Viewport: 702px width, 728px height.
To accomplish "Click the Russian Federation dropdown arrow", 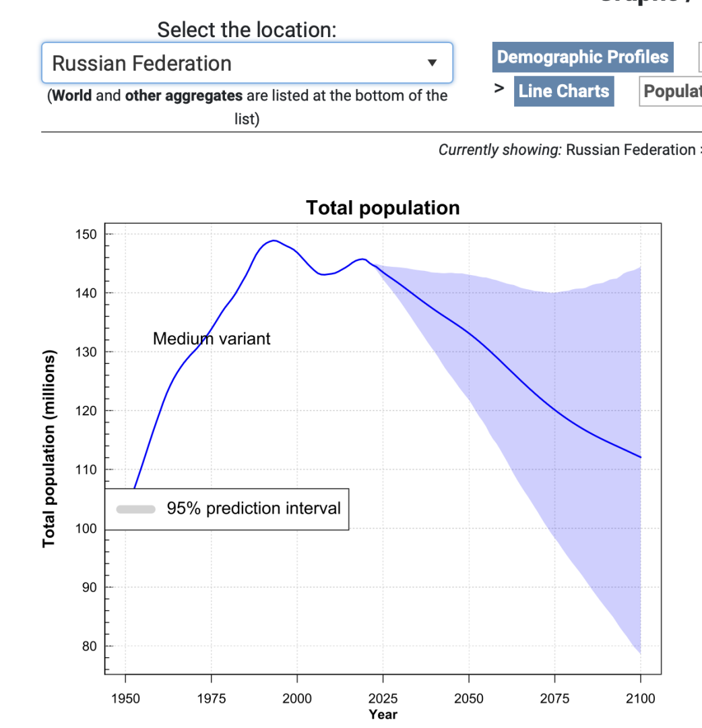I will pos(433,63).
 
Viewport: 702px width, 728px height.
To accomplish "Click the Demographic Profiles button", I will pos(583,57).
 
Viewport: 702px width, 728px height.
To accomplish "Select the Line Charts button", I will pos(564,91).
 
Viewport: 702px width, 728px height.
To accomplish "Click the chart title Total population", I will pos(383,208).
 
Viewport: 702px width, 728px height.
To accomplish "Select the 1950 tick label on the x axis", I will pos(125,698).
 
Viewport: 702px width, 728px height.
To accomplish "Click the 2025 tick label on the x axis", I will pos(383,698).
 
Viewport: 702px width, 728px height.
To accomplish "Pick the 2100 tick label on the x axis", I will pos(640,698).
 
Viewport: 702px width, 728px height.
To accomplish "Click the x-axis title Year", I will pos(383,715).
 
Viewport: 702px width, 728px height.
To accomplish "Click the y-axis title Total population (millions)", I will pos(49,448).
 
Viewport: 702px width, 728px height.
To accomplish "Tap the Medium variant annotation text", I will pos(212,338).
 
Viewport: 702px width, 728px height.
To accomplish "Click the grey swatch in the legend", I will pos(136,509).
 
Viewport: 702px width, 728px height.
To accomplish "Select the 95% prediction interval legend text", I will pos(254,508).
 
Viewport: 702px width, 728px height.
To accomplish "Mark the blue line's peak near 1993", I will pos(274,240).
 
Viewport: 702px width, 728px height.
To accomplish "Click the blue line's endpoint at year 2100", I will pos(640,457).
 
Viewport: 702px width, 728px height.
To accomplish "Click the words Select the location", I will pos(247,30).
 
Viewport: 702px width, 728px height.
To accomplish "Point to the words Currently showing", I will pos(499,150).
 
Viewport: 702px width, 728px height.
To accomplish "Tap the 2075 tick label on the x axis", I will pos(554,698).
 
